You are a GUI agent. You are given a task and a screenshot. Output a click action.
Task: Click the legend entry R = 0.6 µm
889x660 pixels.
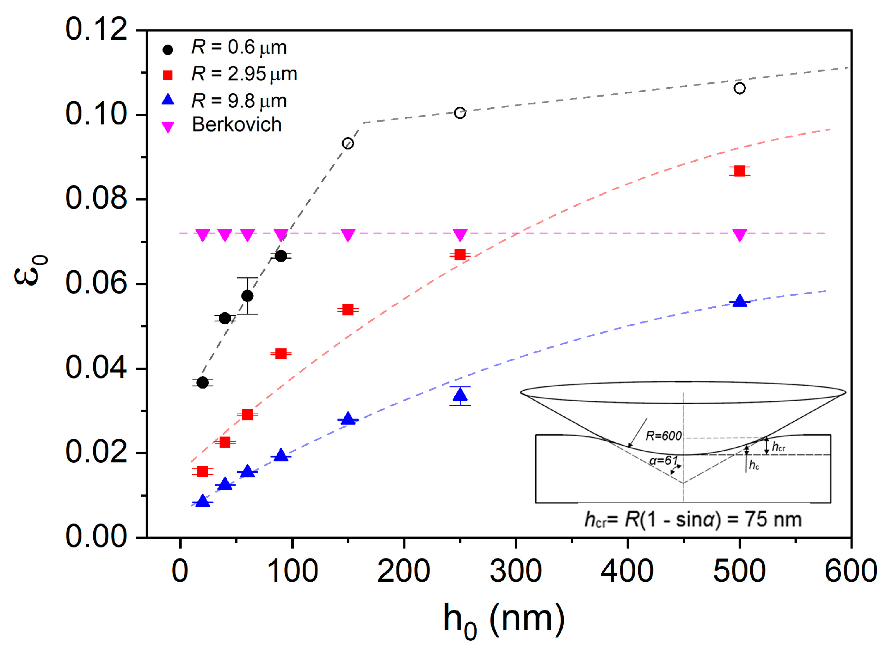239,47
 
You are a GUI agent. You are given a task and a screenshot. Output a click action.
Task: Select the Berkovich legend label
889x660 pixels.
237,124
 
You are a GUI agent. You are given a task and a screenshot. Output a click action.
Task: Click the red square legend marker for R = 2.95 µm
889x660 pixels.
168,75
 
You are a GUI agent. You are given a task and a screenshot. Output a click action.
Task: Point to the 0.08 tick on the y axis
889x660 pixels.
96,198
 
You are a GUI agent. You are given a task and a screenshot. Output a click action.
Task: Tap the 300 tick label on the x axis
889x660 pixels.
515,571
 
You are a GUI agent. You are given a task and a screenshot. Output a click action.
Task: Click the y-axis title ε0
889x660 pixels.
31,270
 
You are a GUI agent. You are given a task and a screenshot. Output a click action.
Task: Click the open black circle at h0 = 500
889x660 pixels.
739,88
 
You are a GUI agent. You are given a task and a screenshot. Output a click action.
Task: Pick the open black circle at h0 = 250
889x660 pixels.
460,113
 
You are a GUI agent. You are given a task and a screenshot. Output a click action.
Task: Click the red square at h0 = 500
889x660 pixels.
739,171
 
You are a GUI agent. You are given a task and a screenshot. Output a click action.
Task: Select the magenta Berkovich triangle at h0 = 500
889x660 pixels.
739,235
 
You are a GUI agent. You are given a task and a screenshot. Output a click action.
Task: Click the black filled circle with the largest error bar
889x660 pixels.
247,296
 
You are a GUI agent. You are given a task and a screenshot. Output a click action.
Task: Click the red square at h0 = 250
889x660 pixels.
460,255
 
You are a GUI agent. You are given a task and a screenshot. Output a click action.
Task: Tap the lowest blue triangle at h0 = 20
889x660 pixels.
203,501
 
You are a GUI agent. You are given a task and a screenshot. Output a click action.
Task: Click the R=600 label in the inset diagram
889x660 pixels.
663,436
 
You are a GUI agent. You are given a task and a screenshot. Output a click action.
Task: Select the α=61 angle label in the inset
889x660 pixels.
663,461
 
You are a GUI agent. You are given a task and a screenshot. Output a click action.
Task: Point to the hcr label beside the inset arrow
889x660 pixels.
778,447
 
